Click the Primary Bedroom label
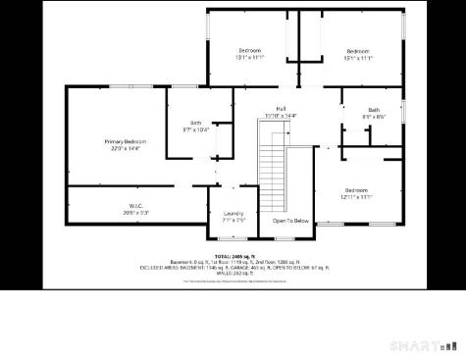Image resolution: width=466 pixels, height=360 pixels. pyautogui.click(x=125, y=142)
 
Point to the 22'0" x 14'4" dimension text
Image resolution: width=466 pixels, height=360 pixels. pyautogui.click(x=125, y=149)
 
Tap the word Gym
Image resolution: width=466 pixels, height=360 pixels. pyautogui.click(x=195, y=123)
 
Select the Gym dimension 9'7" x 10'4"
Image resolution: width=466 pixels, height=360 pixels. pyautogui.click(x=195, y=129)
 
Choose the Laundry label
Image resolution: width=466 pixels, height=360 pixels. pyautogui.click(x=233, y=214)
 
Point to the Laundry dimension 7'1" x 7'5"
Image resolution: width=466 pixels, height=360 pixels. pyautogui.click(x=233, y=221)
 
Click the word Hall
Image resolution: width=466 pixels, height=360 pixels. pyautogui.click(x=281, y=109)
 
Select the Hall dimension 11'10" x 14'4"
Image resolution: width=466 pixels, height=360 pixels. pyautogui.click(x=281, y=116)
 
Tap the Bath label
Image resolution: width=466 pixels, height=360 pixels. pyautogui.click(x=374, y=110)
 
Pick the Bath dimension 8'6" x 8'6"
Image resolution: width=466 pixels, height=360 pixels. pyautogui.click(x=374, y=117)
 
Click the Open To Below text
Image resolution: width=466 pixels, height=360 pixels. pyautogui.click(x=290, y=221)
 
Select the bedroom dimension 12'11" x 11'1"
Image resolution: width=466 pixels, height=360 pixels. pyautogui.click(x=356, y=197)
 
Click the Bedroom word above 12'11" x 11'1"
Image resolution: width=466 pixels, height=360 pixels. pyautogui.click(x=356, y=190)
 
